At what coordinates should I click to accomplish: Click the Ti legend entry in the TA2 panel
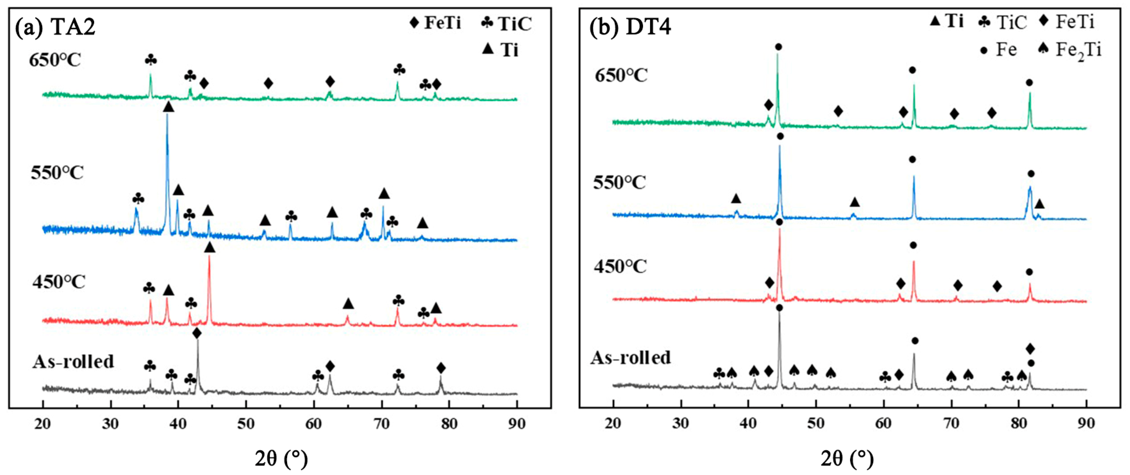pyautogui.click(x=500, y=50)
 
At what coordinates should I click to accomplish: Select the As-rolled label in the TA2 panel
pyautogui.click(x=73, y=362)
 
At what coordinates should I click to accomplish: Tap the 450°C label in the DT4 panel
pyautogui.click(x=620, y=266)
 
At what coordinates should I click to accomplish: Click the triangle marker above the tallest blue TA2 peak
pyautogui.click(x=168, y=107)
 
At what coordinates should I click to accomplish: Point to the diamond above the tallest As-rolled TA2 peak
pyautogui.click(x=197, y=333)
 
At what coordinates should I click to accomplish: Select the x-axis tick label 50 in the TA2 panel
pyautogui.click(x=246, y=423)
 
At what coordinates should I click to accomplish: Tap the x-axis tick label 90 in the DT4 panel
pyautogui.click(x=1086, y=423)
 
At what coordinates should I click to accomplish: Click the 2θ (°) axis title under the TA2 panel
pyautogui.click(x=281, y=459)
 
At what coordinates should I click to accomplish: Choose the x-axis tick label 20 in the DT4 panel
pyautogui.click(x=613, y=423)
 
